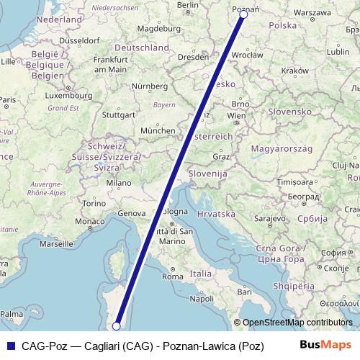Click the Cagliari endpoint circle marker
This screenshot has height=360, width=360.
coord(116,326)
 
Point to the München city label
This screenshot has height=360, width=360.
coord(158,130)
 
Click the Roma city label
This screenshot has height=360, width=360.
coord(173,276)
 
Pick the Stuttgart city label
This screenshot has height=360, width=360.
coord(118,114)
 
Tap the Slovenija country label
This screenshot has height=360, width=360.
coord(207,174)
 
